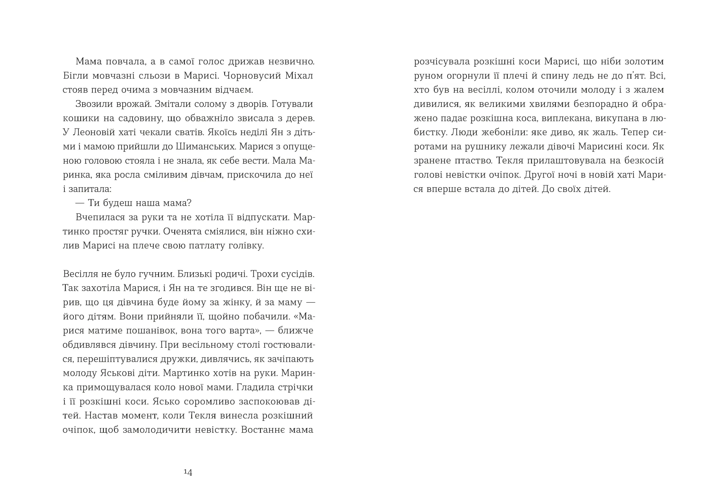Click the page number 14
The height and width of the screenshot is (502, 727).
(188, 472)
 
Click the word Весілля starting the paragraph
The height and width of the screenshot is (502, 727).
(80, 274)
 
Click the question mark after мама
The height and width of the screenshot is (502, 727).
(189, 203)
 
